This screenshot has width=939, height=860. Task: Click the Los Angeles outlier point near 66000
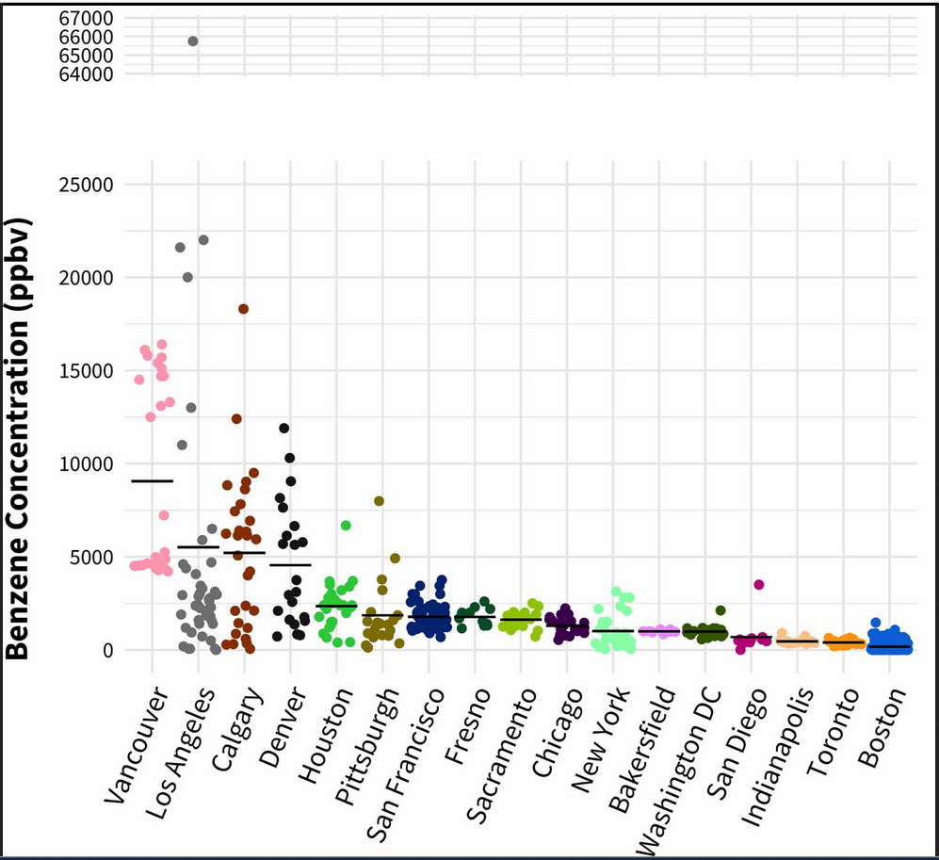pos(193,41)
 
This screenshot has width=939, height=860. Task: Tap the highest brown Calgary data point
pos(243,309)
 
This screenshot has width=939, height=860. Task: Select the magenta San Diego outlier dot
pos(758,585)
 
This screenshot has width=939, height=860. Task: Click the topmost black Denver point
pos(284,429)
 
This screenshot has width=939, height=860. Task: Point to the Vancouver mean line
pos(153,480)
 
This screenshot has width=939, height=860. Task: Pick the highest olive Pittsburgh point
pos(380,501)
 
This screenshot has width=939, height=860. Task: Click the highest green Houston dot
pos(346,526)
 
